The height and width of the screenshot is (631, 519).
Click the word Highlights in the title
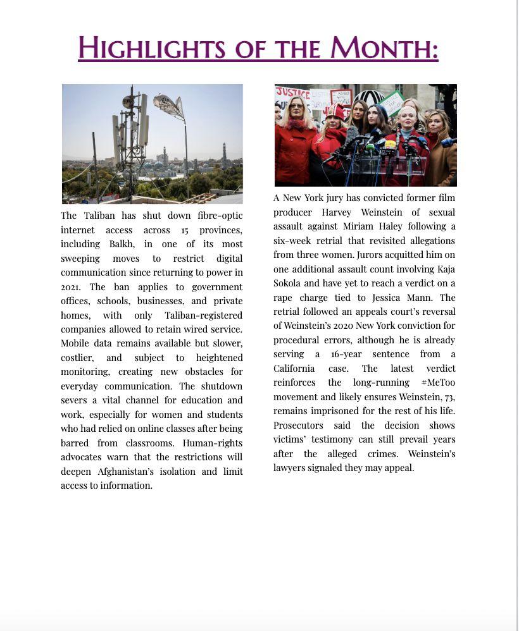click(x=151, y=48)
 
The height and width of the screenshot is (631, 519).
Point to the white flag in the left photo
click(x=168, y=105)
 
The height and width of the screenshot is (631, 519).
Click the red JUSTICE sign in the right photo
click(x=292, y=94)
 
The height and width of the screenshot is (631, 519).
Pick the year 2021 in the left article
click(x=70, y=286)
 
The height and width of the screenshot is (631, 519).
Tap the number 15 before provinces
click(x=184, y=230)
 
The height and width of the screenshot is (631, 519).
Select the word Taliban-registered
click(x=203, y=315)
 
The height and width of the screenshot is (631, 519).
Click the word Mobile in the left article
click(x=75, y=343)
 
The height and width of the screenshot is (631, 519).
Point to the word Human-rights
click(x=213, y=443)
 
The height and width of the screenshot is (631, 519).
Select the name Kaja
click(x=446, y=269)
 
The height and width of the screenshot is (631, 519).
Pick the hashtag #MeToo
click(x=438, y=383)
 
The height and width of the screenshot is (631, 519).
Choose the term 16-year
click(x=346, y=354)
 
